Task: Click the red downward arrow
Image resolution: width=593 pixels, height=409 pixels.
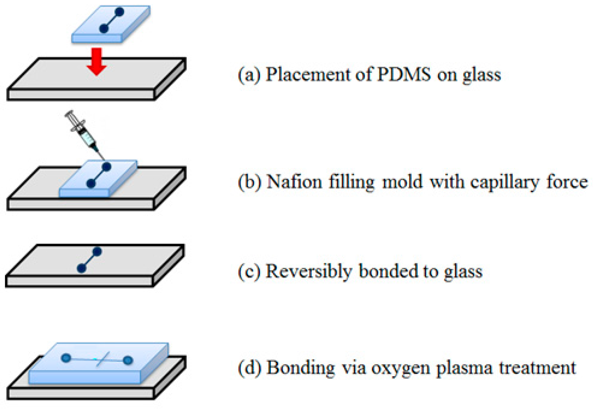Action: (x=97, y=62)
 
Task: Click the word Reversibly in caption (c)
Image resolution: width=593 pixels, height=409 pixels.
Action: (x=309, y=272)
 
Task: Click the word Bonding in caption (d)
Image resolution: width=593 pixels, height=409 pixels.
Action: (x=301, y=368)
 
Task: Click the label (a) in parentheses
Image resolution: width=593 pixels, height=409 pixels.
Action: (x=249, y=75)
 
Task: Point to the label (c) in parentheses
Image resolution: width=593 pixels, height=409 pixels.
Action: (x=249, y=272)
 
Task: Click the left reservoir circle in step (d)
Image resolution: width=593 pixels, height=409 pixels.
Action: (x=66, y=358)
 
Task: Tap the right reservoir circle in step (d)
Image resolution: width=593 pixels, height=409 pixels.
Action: (x=128, y=360)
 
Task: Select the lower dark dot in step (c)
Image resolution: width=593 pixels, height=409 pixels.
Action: (x=82, y=268)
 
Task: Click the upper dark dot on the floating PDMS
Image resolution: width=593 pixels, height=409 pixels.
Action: (x=119, y=12)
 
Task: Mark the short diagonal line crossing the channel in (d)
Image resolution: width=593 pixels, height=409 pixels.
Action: (x=103, y=359)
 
